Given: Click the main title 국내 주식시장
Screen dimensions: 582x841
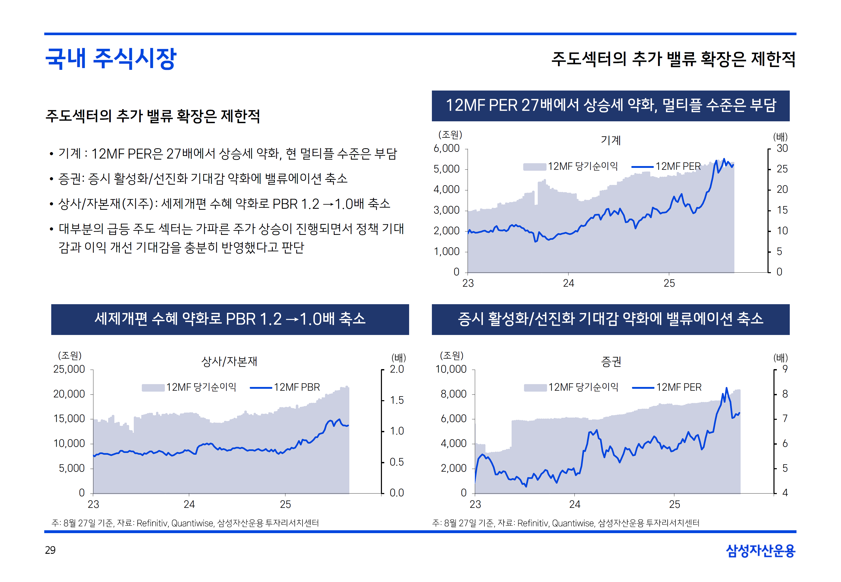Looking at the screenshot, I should coord(111,58).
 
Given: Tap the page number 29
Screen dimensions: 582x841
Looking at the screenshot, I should coord(50,550).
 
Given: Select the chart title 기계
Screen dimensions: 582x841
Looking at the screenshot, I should coord(610,140).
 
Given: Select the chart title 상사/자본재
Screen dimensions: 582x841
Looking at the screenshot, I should coord(229,361).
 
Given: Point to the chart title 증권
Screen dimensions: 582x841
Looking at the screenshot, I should coord(611,361).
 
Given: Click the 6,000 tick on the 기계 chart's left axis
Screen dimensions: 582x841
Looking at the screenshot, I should coord(446,148).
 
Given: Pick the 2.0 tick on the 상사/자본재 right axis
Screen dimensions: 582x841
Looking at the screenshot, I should coord(397,369).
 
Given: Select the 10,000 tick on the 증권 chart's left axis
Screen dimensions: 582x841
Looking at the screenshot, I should coord(451,369).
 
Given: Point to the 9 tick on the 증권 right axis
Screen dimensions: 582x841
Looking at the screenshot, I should coord(785,369).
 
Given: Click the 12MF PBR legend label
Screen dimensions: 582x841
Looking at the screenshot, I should coord(297,387).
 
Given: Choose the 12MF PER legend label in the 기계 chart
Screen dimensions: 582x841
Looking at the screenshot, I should coord(678,166).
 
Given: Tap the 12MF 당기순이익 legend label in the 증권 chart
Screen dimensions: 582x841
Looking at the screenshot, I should coord(583,387).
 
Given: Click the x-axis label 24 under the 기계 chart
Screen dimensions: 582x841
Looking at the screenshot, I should coord(568,283).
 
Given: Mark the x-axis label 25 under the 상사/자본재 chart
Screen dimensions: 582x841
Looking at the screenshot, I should coord(285,504).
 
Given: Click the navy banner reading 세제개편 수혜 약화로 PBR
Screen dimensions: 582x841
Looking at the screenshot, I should coord(230,319).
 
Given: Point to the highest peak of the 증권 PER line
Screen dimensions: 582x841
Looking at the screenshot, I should coord(726,388).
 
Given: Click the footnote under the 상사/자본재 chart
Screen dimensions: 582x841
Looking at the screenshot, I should coord(185,523).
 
